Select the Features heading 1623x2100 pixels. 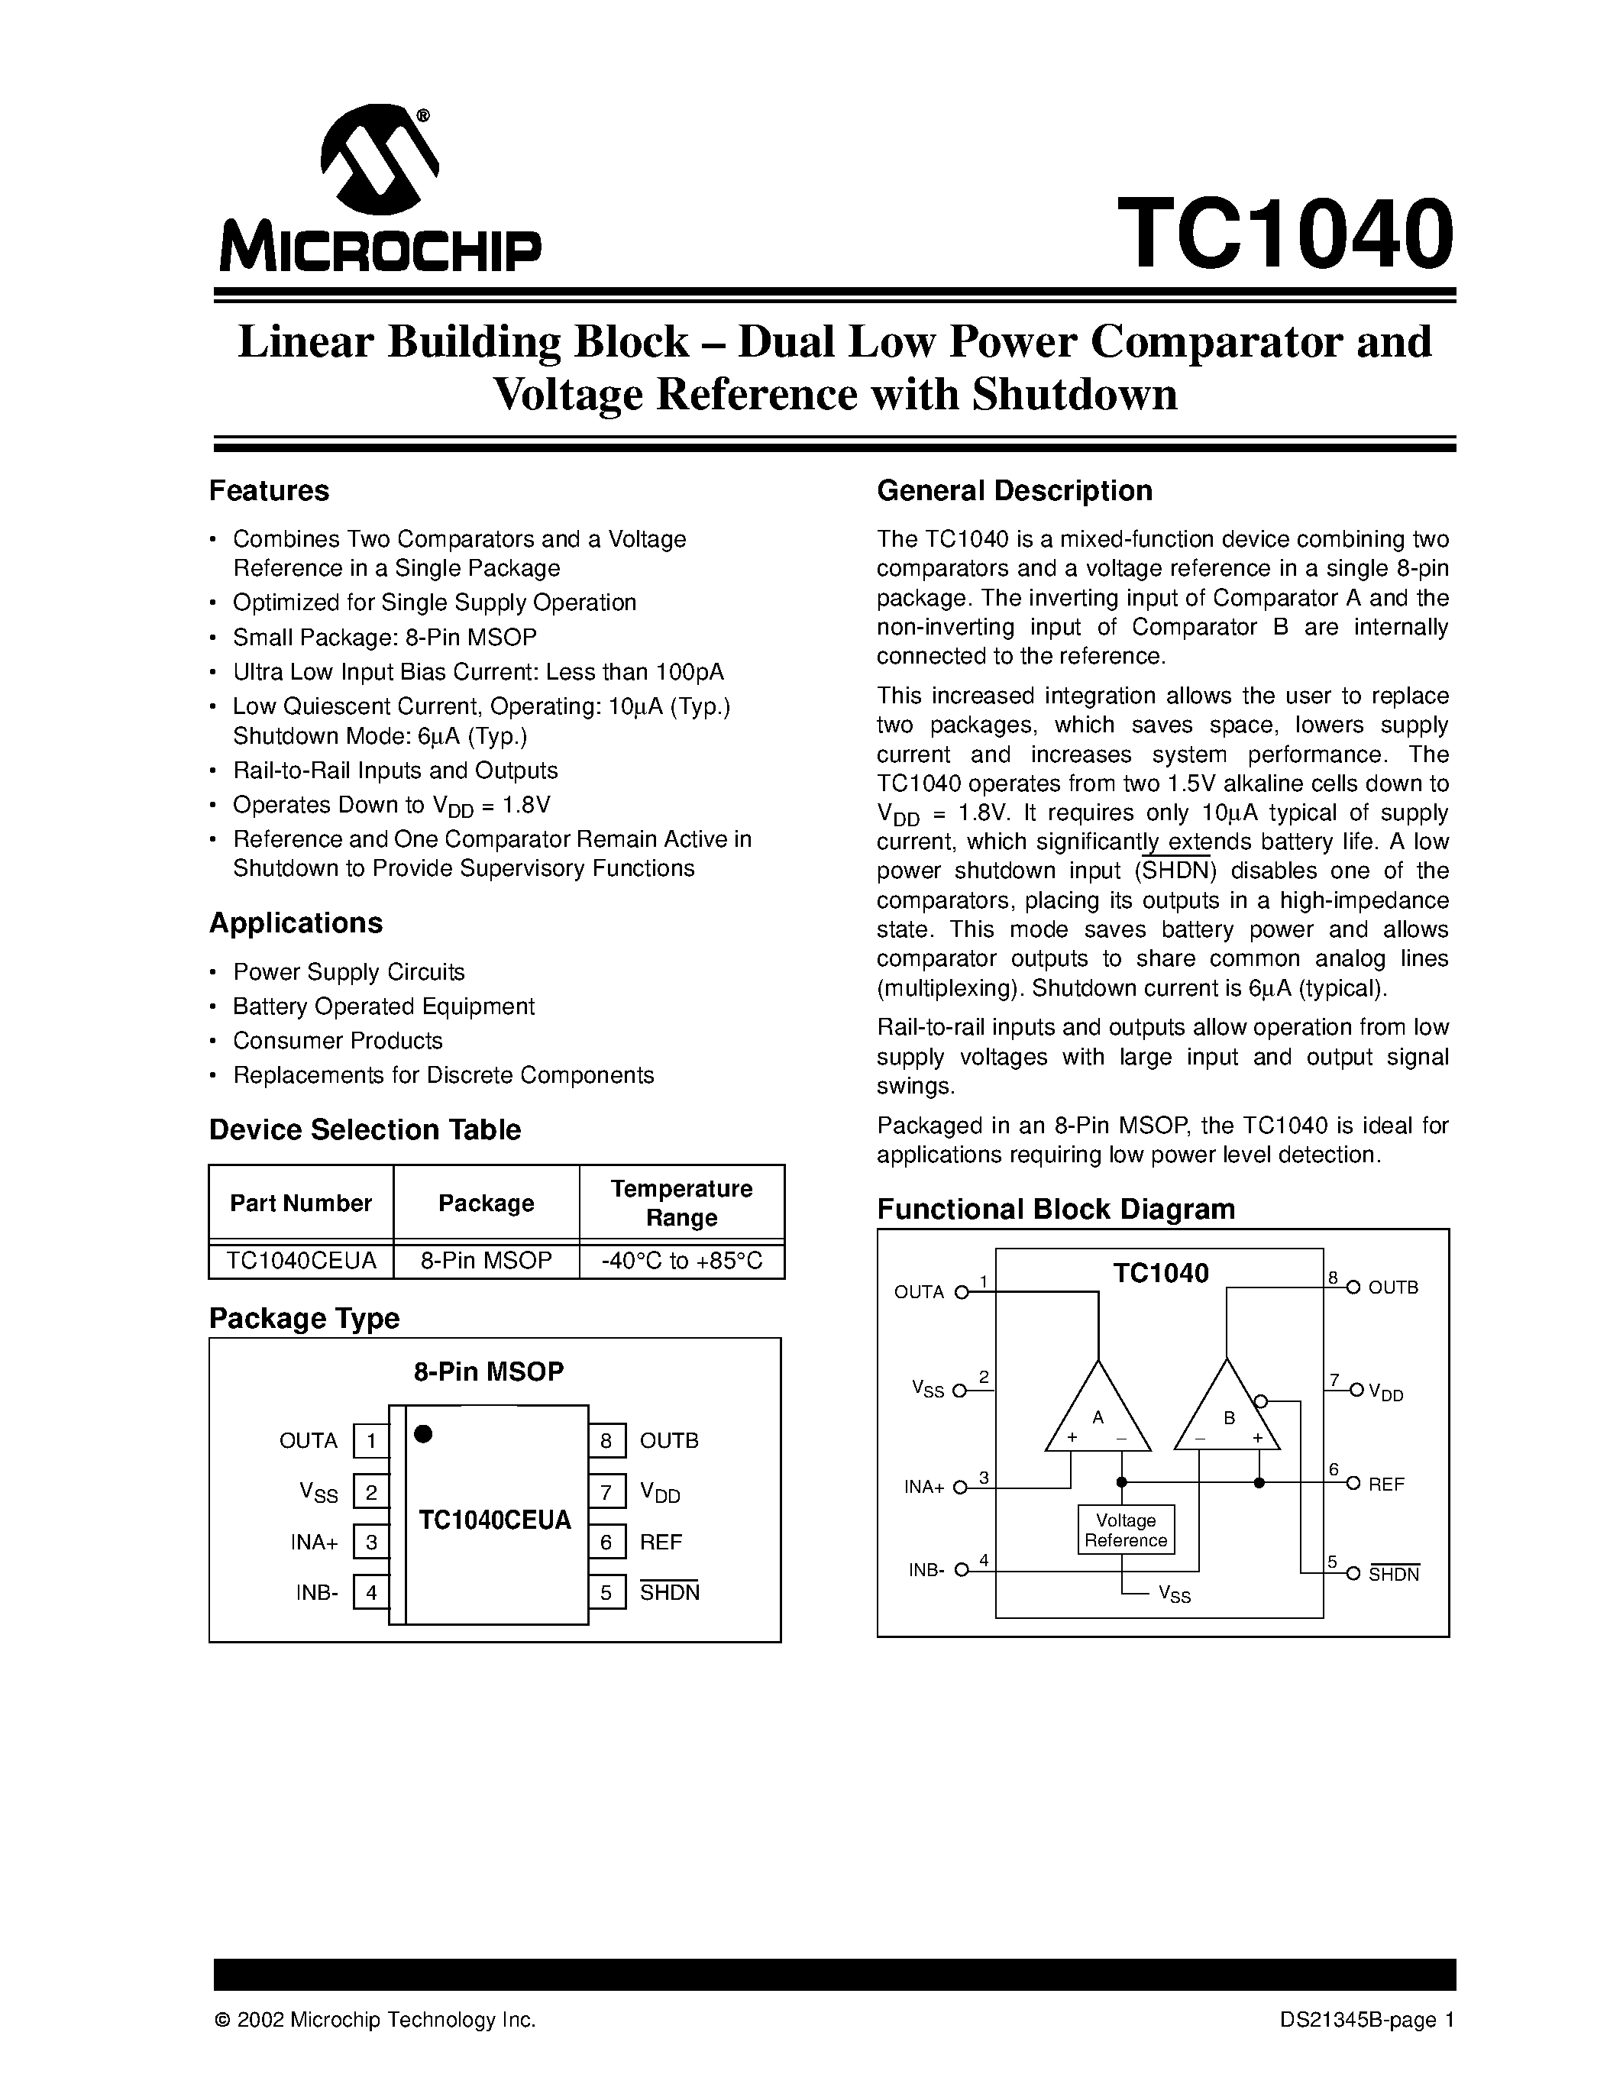point(269,491)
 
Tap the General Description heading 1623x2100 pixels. point(1014,491)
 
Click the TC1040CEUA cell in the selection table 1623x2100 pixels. point(301,1261)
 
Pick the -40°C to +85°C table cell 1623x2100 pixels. point(682,1261)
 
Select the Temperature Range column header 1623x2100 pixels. point(682,1203)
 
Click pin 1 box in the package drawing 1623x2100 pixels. point(371,1440)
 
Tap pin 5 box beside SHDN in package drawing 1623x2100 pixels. point(606,1592)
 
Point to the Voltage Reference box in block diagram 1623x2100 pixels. point(1126,1530)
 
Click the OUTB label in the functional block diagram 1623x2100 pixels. point(1393,1287)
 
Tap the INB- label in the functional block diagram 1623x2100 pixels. point(926,1570)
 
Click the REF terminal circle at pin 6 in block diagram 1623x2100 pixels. point(1353,1484)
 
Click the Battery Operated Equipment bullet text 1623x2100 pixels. point(383,1006)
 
